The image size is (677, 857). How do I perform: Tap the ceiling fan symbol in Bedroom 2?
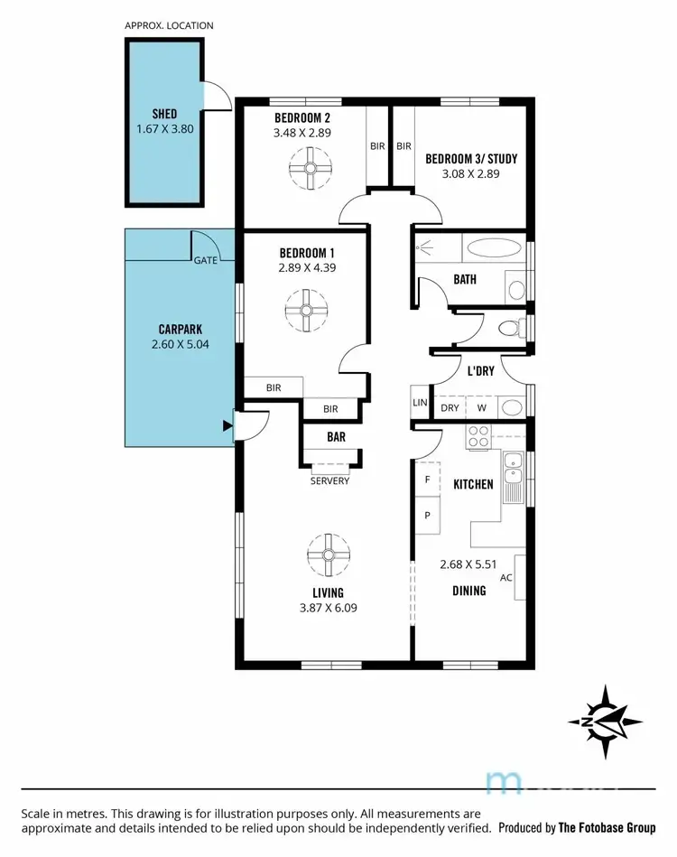312,169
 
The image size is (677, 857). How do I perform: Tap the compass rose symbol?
605,721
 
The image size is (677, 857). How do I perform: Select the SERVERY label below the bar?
329,480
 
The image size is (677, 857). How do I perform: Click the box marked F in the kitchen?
427,480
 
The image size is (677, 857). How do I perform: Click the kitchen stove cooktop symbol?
478,439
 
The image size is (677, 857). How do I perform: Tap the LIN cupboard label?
420,403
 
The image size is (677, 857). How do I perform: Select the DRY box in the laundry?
450,407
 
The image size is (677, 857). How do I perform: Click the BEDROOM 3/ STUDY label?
471,159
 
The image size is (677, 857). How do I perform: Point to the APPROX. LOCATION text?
169,25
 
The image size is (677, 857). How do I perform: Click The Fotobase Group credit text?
606,827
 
